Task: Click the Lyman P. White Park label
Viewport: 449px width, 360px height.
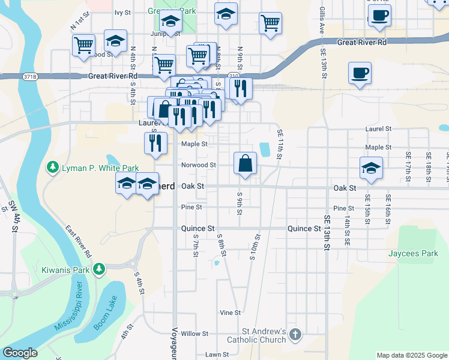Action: [100, 169]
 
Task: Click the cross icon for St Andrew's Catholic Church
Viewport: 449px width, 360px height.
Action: [295, 334]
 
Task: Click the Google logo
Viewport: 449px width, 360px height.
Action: [20, 353]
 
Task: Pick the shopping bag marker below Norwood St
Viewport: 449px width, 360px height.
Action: [246, 163]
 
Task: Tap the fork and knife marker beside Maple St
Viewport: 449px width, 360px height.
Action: [155, 143]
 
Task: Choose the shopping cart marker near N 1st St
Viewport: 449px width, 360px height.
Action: [83, 44]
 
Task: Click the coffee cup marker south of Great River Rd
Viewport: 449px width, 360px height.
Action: [360, 73]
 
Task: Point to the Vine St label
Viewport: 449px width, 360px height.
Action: [230, 313]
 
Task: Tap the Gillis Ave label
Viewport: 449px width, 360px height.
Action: [322, 21]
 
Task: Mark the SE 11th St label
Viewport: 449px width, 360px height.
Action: [280, 145]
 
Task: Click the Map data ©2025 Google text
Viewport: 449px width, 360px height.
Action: [411, 355]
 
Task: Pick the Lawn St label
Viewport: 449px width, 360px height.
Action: [216, 355]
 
